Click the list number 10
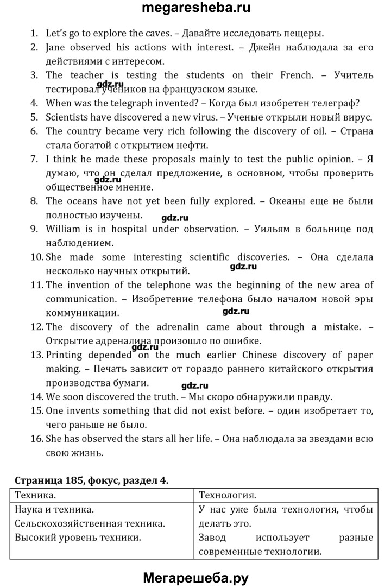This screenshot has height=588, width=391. point(36,257)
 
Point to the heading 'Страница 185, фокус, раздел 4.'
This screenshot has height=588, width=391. point(91,480)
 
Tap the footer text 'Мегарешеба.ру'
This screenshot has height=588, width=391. point(195,578)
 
